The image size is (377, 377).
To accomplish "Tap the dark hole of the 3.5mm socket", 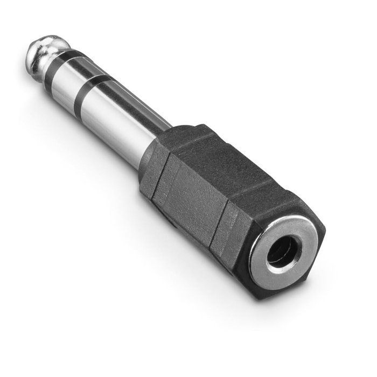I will [281, 252].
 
